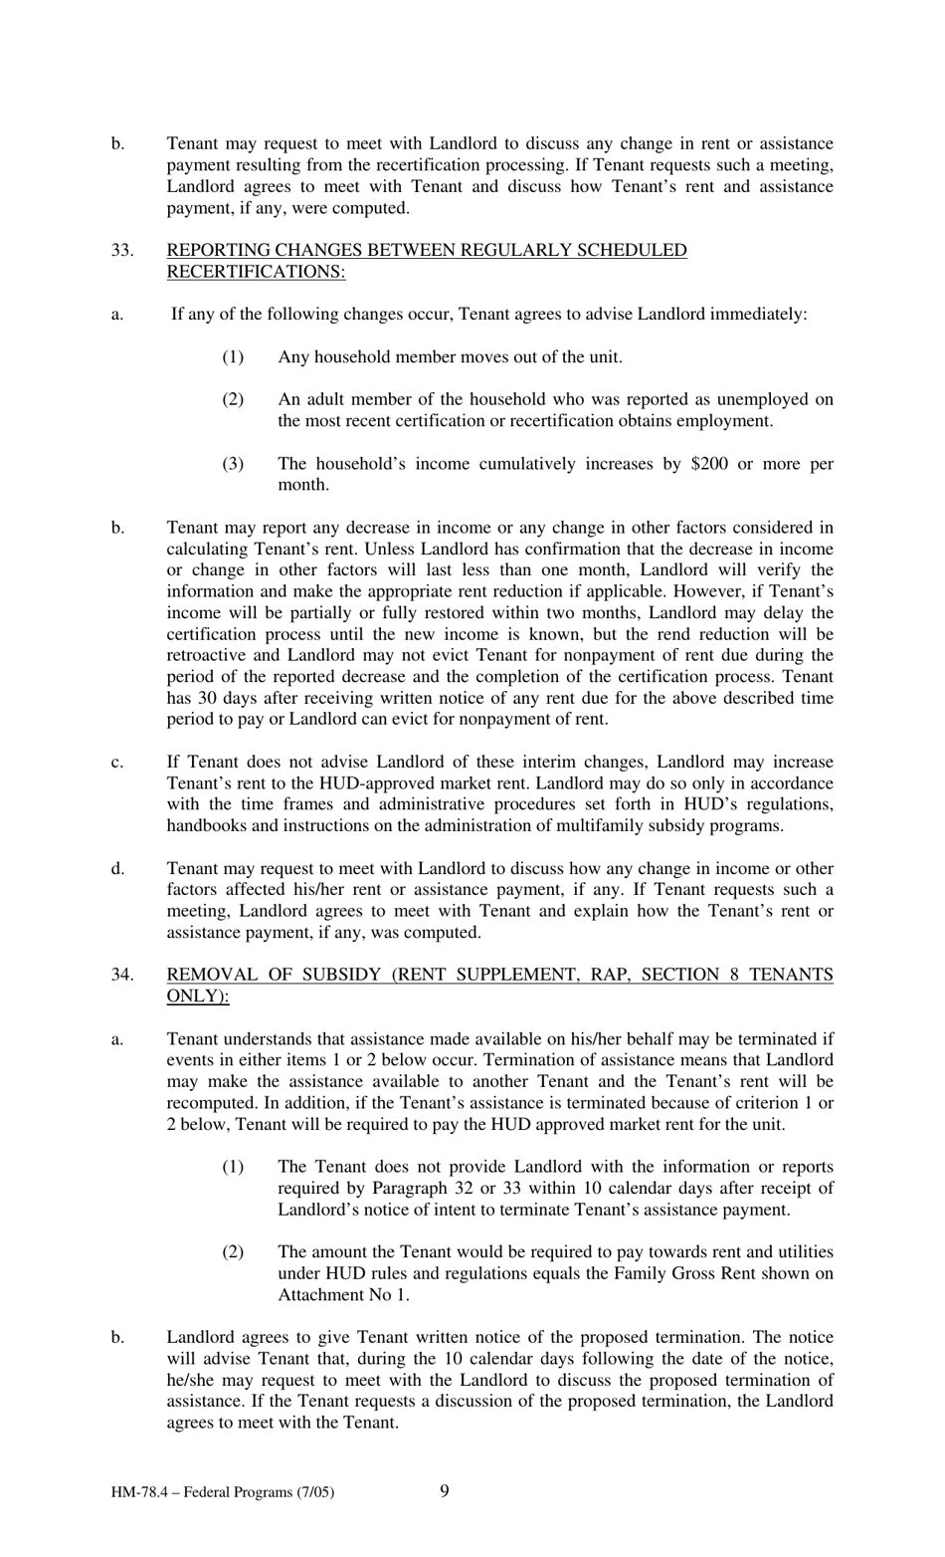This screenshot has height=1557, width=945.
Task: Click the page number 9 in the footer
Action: click(x=444, y=1490)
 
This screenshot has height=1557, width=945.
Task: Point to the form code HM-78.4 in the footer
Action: click(x=140, y=1492)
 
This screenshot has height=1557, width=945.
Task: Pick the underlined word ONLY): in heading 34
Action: click(x=197, y=996)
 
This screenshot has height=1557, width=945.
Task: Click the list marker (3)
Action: click(x=232, y=464)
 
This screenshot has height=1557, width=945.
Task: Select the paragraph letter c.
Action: click(x=117, y=763)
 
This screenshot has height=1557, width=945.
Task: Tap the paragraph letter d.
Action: click(x=117, y=869)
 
